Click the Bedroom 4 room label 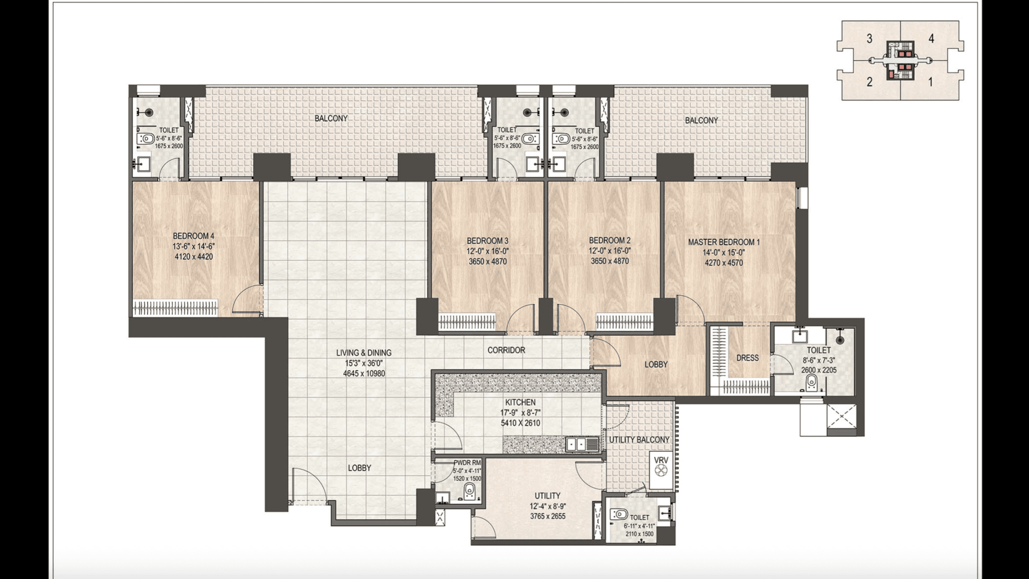click(x=194, y=236)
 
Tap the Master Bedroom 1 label click(x=724, y=242)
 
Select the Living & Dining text click(x=364, y=353)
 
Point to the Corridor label click(x=506, y=350)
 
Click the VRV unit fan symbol click(x=661, y=473)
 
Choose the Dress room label click(x=747, y=358)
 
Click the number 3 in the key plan click(x=869, y=39)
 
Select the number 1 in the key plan click(x=931, y=82)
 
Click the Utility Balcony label click(x=639, y=439)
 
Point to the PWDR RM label click(x=467, y=463)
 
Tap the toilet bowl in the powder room click(x=469, y=492)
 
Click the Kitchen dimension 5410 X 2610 click(x=520, y=423)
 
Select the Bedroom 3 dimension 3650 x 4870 click(x=487, y=262)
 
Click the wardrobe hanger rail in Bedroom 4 click(x=175, y=308)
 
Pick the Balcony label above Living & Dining click(x=331, y=118)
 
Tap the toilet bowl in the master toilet click(x=811, y=383)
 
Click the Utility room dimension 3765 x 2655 click(x=548, y=516)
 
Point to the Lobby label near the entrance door click(x=359, y=468)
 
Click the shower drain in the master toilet click(x=840, y=340)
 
